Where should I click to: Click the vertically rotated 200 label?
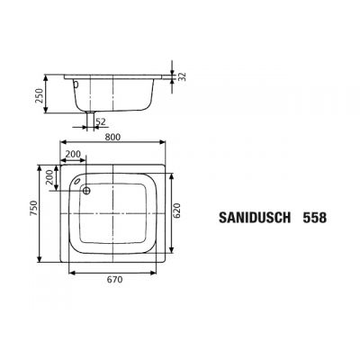tap(49, 176)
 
